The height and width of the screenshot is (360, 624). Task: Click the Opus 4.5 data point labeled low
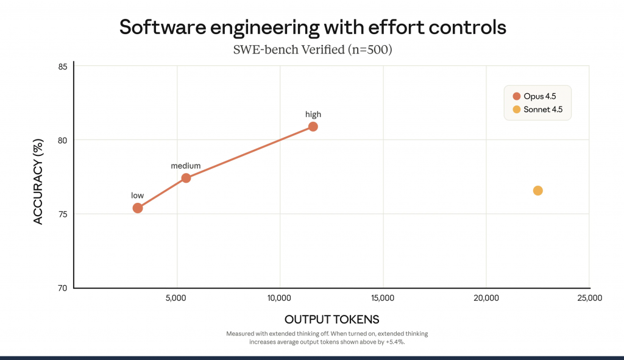tap(138, 208)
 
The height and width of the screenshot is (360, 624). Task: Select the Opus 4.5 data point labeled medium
tap(186, 178)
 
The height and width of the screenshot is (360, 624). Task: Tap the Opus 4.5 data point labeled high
tap(313, 127)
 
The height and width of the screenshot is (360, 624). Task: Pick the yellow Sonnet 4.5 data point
tap(537, 191)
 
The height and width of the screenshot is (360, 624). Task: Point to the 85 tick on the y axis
tap(63, 66)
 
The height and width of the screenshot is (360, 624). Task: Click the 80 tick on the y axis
tap(63, 140)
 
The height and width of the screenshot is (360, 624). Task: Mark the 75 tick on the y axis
tap(63, 214)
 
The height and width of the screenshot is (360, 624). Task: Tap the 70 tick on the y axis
tap(63, 288)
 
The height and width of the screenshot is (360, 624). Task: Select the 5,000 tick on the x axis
tap(176, 298)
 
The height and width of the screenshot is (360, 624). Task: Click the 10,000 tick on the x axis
tap(279, 298)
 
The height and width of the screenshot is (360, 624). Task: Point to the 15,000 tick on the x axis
tap(382, 298)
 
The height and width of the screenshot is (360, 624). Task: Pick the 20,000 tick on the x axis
tap(486, 298)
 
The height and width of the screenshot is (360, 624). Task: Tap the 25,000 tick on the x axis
tap(589, 298)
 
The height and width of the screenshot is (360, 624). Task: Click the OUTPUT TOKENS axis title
tap(331, 320)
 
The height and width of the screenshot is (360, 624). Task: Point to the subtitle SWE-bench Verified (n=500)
tap(312, 50)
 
